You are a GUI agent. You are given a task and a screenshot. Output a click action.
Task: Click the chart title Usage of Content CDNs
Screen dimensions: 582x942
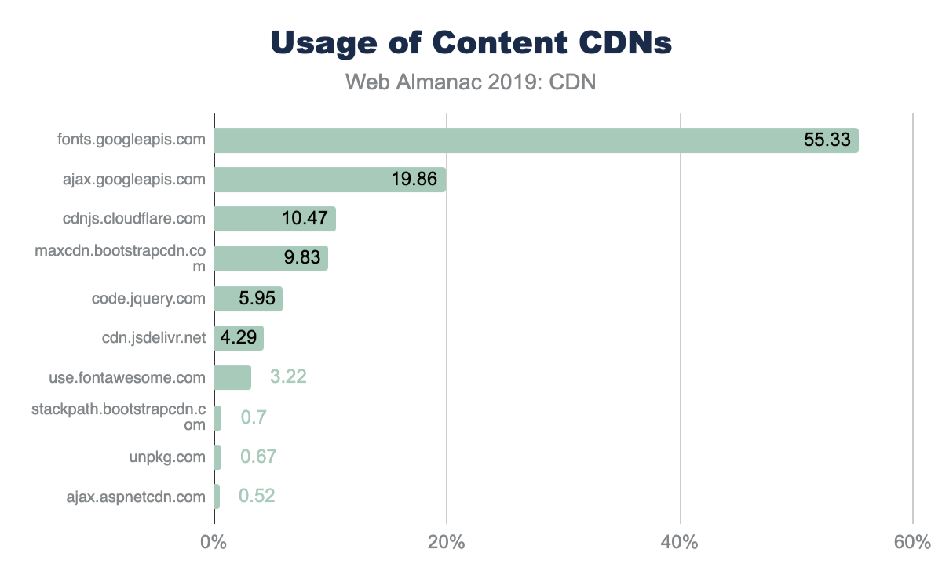(x=471, y=43)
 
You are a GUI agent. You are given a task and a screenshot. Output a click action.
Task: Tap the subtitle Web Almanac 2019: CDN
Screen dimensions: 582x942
(x=471, y=82)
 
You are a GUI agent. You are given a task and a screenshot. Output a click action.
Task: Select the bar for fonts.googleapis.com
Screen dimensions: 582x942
(x=535, y=140)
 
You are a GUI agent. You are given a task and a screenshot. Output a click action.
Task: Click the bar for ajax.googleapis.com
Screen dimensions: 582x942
(x=330, y=180)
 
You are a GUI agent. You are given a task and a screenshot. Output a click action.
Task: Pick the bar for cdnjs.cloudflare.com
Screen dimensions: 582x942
(x=275, y=219)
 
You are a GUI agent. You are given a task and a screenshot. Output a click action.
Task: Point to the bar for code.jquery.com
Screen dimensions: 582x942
(x=248, y=299)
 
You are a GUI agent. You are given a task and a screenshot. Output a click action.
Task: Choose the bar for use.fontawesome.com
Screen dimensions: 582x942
(x=232, y=377)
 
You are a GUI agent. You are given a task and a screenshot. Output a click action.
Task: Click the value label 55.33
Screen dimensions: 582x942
(x=827, y=140)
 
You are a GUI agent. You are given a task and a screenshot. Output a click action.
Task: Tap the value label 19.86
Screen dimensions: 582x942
(x=414, y=180)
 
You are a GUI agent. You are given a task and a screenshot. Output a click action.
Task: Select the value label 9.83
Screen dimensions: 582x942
(x=302, y=258)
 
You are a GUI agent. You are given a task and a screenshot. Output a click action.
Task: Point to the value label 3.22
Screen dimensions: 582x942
(x=288, y=377)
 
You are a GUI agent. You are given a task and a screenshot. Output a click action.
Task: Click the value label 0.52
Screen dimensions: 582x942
(x=257, y=496)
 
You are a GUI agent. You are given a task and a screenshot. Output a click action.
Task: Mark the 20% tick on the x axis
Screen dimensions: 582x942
(x=446, y=542)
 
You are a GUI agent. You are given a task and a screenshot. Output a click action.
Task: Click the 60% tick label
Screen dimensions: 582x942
(x=911, y=542)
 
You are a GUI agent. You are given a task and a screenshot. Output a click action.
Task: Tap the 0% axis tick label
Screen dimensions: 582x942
(x=214, y=542)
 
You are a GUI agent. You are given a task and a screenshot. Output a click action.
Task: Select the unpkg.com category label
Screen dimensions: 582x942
(x=167, y=457)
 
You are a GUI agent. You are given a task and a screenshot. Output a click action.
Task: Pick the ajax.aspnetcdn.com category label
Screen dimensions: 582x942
(x=136, y=496)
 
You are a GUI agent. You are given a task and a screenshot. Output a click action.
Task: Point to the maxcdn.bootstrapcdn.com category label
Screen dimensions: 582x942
(x=120, y=258)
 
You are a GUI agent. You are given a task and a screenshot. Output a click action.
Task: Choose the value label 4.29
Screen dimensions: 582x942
(x=238, y=338)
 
